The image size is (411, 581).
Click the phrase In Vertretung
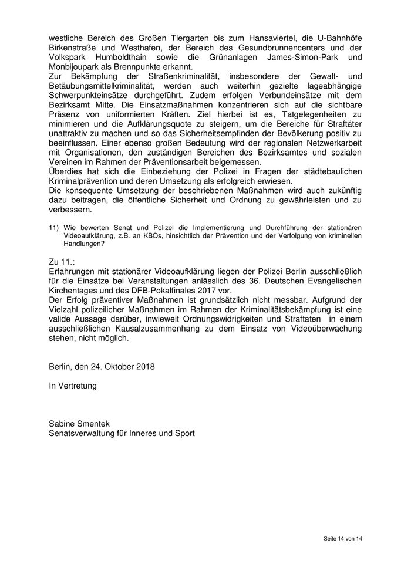tap(73, 386)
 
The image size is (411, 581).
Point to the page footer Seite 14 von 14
tap(343, 538)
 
